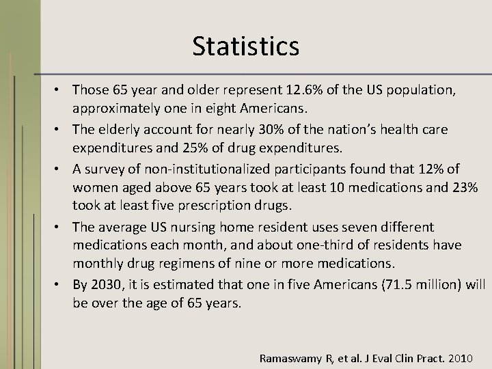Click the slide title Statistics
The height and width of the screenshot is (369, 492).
pos(245,46)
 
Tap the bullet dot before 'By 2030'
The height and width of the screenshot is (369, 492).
pos(62,285)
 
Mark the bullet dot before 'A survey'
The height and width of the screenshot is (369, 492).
pos(62,169)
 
